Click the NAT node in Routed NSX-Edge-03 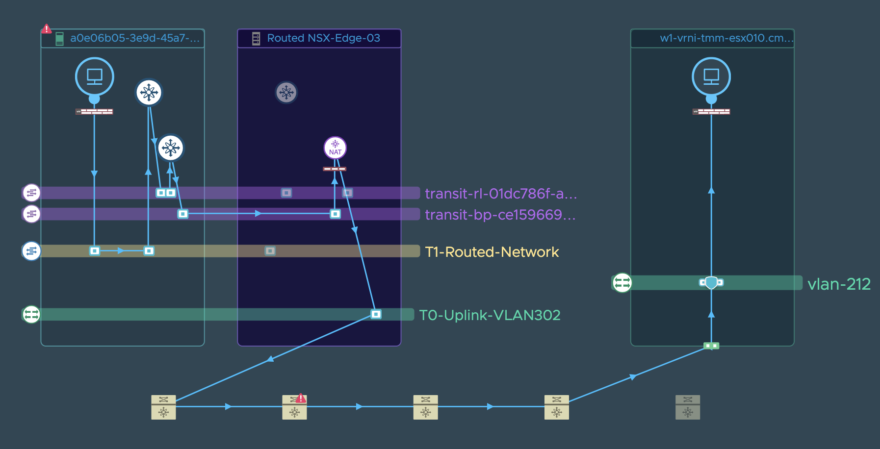(x=335, y=148)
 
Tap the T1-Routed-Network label (x=492, y=252)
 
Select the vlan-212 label (x=839, y=284)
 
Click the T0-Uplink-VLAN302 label (x=490, y=315)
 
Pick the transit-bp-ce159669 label (x=500, y=215)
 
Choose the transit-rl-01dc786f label (x=500, y=194)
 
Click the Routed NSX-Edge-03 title (x=324, y=38)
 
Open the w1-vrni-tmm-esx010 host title (x=726, y=38)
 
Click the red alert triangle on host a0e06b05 (x=46, y=29)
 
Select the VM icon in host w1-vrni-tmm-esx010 (x=711, y=76)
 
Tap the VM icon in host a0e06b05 (x=95, y=76)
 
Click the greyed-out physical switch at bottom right (x=688, y=407)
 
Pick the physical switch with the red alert (x=294, y=407)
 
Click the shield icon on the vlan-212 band (x=711, y=283)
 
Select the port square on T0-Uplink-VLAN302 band (x=376, y=314)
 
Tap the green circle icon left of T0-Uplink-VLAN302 (x=31, y=314)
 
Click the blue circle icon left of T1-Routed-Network (x=31, y=251)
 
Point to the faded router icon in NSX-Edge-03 (x=286, y=92)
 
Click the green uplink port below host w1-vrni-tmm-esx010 (x=711, y=346)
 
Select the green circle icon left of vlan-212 (x=622, y=283)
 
